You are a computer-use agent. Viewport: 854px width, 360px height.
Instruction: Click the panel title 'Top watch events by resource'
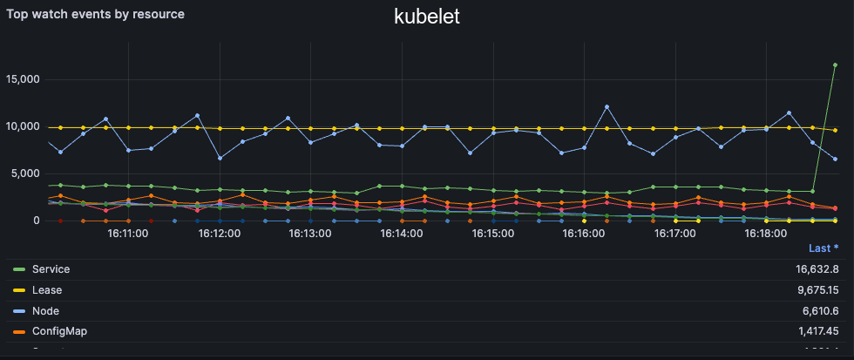pyautogui.click(x=96, y=15)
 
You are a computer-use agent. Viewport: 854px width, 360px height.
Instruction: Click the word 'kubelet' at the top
pyautogui.click(x=427, y=17)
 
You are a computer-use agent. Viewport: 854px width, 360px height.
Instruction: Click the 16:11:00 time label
pyautogui.click(x=128, y=234)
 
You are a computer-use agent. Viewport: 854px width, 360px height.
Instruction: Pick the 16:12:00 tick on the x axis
pyautogui.click(x=220, y=234)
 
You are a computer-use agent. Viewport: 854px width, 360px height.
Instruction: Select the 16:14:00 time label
pyautogui.click(x=402, y=234)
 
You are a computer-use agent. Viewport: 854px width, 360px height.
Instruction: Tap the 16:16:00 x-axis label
pyautogui.click(x=584, y=234)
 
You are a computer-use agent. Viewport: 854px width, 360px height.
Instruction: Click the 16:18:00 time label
pyautogui.click(x=766, y=234)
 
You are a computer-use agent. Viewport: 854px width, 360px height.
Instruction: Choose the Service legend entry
pyautogui.click(x=51, y=269)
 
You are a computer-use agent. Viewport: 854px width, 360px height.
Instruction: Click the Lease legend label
pyautogui.click(x=47, y=290)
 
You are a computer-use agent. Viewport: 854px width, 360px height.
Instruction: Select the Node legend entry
pyautogui.click(x=45, y=310)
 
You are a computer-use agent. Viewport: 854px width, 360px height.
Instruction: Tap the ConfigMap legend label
pyautogui.click(x=58, y=331)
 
